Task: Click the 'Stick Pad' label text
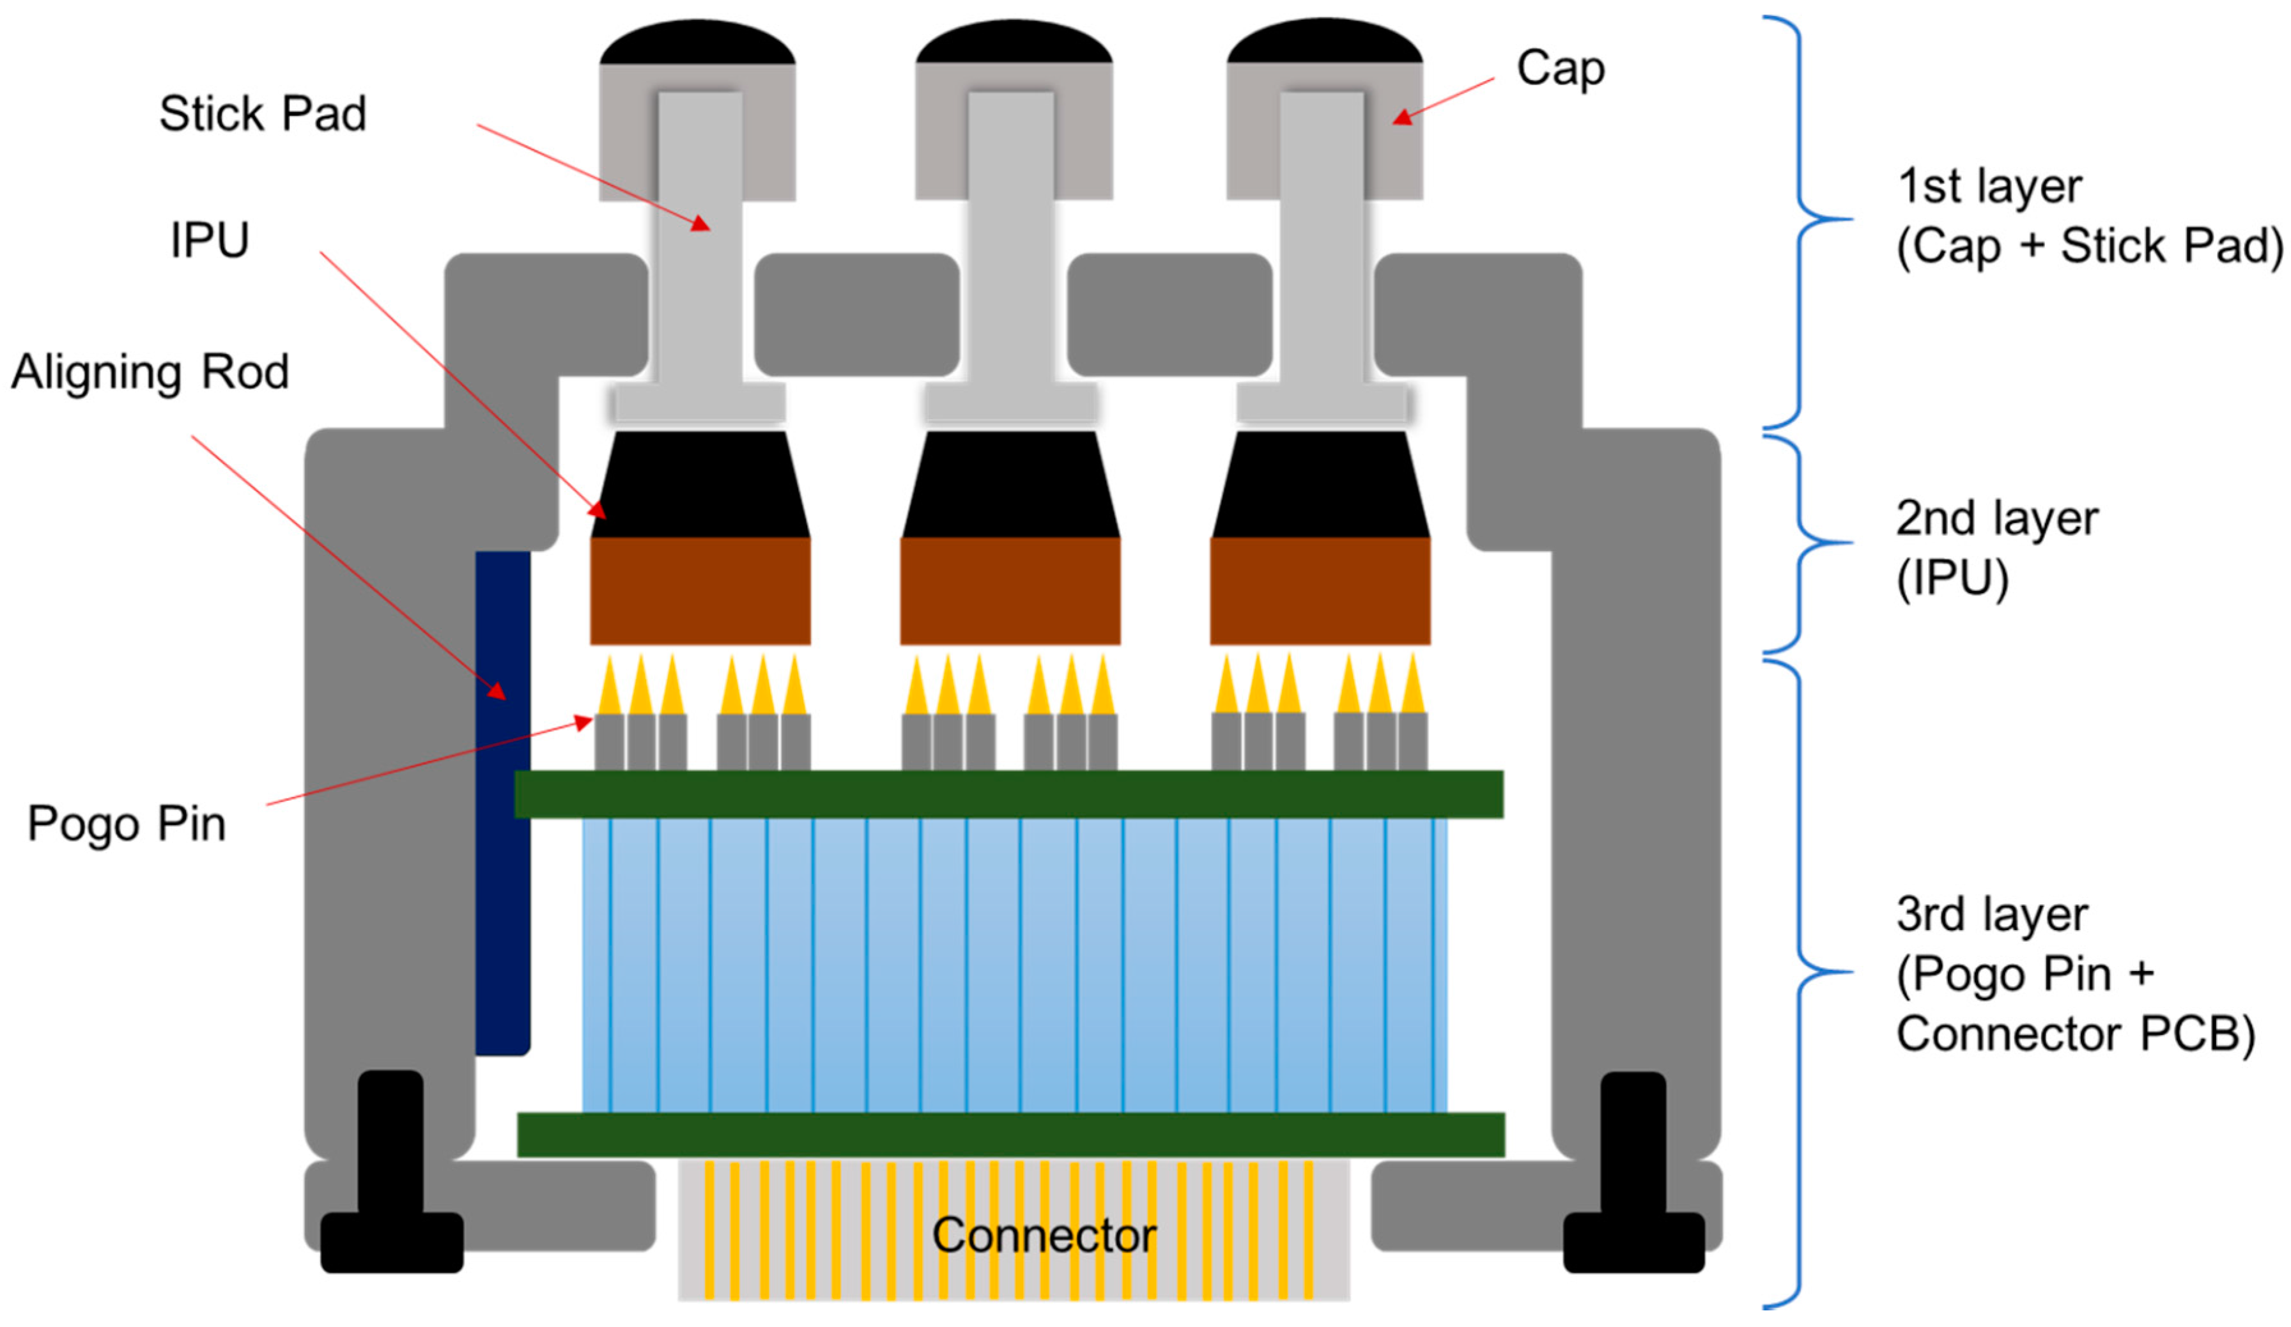(263, 114)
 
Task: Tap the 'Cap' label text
(1560, 69)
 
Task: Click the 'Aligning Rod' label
(150, 372)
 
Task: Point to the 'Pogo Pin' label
(127, 824)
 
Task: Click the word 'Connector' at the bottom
(1044, 1235)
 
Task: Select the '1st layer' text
(1989, 187)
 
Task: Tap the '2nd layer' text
(1996, 518)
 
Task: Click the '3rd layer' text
(1992, 914)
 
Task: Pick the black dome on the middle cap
(1014, 43)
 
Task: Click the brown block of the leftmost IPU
(700, 591)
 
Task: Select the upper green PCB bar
(1009, 794)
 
